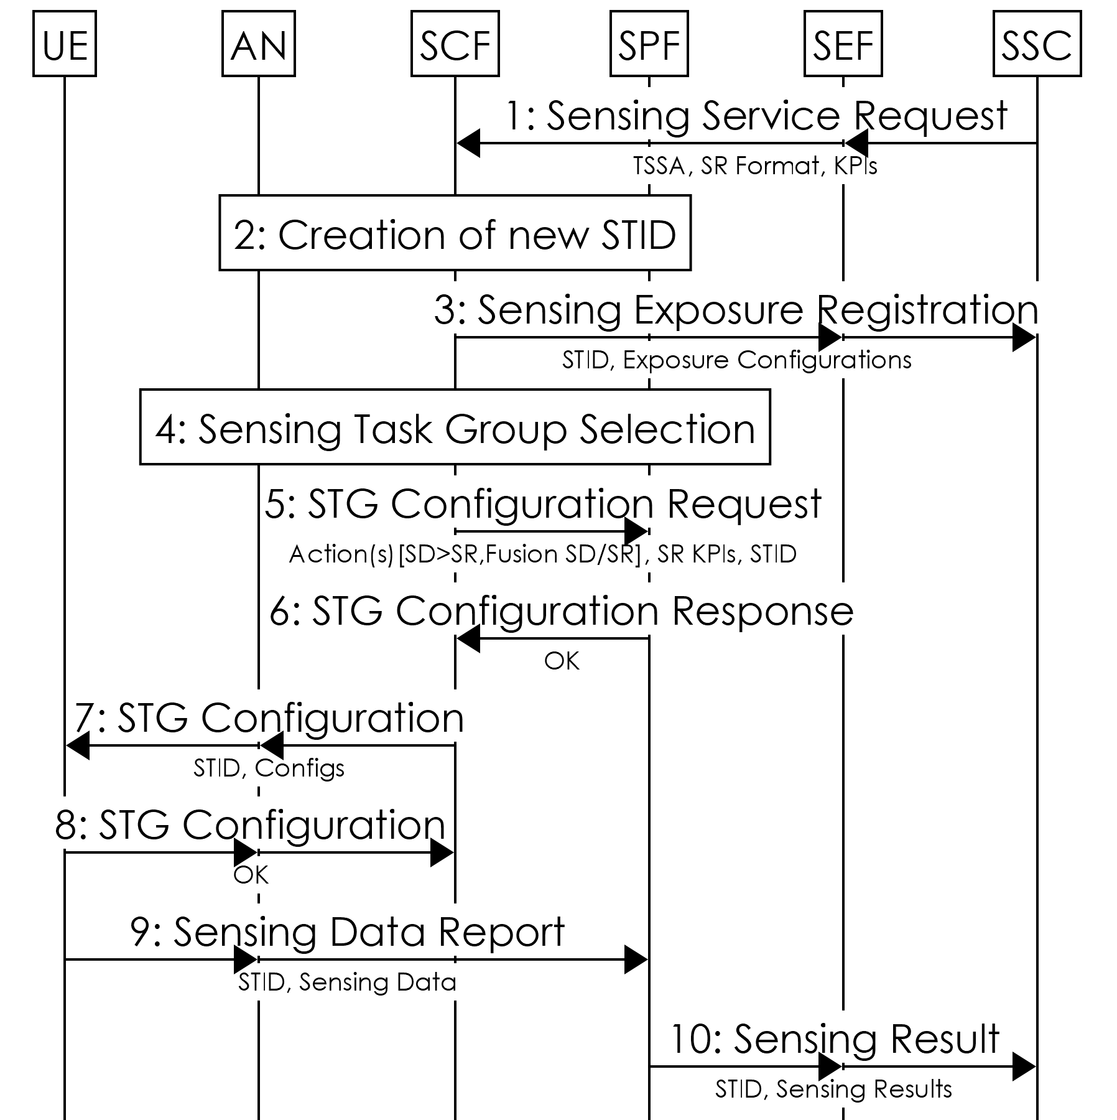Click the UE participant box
64,44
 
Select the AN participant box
258,44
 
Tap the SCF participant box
455,44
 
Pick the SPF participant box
649,44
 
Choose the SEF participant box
843,44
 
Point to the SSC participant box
1037,44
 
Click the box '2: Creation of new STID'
455,233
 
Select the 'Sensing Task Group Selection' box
455,427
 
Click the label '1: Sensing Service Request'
756,116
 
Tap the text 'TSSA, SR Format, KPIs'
755,166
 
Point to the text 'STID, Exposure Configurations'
736,360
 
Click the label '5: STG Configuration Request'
543,503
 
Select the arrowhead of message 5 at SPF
637,532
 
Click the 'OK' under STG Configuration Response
562,661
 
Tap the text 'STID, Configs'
269,768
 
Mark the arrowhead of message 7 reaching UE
77,746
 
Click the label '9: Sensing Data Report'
348,932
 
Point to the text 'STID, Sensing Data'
347,982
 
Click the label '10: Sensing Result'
835,1039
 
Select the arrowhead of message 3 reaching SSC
1024,338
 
